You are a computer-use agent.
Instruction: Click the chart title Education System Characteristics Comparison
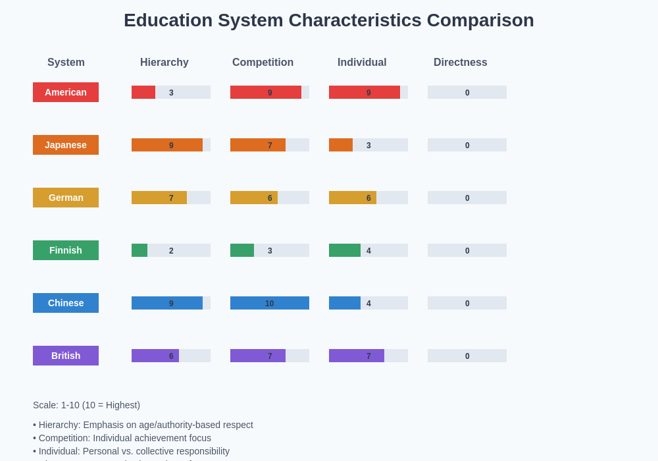pyautogui.click(x=328, y=20)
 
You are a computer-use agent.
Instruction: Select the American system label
pyautogui.click(x=66, y=92)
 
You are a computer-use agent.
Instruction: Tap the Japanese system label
pyautogui.click(x=66, y=145)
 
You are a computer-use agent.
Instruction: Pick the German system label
pyautogui.click(x=66, y=198)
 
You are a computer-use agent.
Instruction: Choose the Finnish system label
pyautogui.click(x=66, y=250)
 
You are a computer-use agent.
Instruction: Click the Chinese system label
pyautogui.click(x=66, y=303)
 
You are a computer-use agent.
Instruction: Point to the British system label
pyautogui.click(x=66, y=356)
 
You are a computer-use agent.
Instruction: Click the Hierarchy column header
pyautogui.click(x=164, y=63)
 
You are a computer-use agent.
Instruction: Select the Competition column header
pyautogui.click(x=263, y=63)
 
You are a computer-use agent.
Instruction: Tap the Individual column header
pyautogui.click(x=362, y=63)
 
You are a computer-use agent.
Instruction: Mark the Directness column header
pyautogui.click(x=460, y=63)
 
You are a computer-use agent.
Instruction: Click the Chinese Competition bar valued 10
pyautogui.click(x=270, y=303)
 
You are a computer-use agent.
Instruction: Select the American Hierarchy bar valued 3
pyautogui.click(x=143, y=92)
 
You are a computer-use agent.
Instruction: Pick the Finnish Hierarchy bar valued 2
pyautogui.click(x=139, y=250)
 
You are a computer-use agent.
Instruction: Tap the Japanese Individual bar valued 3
pyautogui.click(x=341, y=145)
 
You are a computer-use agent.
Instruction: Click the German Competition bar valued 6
pyautogui.click(x=254, y=198)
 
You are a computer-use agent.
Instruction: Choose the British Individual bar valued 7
pyautogui.click(x=357, y=356)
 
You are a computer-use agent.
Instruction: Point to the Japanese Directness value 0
pyautogui.click(x=467, y=145)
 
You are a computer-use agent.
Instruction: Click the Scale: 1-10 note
pyautogui.click(x=86, y=405)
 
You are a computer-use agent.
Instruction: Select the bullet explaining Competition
pyautogui.click(x=122, y=438)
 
